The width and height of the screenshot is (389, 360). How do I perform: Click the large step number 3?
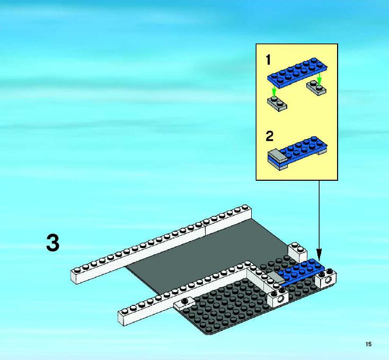(x=53, y=243)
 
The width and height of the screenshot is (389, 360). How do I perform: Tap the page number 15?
(x=368, y=344)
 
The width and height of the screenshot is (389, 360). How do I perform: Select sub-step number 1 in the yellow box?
(x=268, y=60)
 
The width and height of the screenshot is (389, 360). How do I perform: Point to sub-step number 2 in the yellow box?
(x=269, y=136)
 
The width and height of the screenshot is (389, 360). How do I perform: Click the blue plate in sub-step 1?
(x=297, y=73)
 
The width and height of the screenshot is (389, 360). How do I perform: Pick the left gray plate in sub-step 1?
(x=277, y=104)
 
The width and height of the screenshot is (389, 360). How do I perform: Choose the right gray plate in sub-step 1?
(x=316, y=87)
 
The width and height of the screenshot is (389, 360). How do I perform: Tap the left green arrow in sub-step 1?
(x=273, y=91)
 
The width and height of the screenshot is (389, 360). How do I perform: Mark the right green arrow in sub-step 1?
(x=319, y=78)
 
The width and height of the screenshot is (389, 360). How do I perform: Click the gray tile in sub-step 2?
(x=277, y=155)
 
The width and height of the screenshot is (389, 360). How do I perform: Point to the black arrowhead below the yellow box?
(x=319, y=254)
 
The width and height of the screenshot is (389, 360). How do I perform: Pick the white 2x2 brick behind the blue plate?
(x=297, y=252)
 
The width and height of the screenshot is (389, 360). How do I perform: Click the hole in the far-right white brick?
(x=328, y=280)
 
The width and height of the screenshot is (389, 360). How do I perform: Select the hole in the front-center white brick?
(x=281, y=299)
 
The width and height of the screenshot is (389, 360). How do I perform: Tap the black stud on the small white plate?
(x=184, y=301)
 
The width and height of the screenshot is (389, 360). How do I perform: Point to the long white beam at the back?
(x=161, y=244)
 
